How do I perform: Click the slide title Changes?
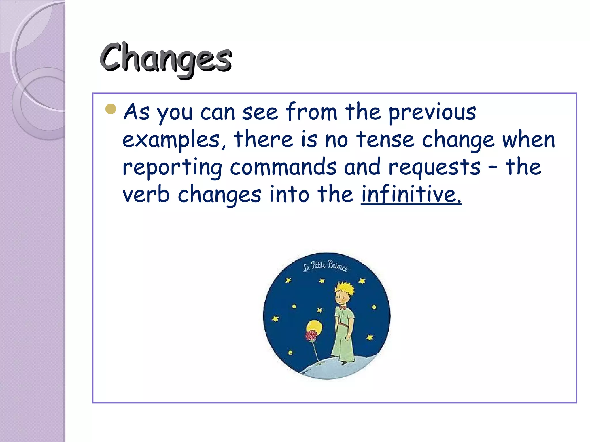166,58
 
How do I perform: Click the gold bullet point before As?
111,109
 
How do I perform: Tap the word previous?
432,112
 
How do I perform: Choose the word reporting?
172,167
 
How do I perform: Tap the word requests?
434,167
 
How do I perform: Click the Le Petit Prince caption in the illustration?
325,266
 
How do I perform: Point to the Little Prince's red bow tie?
342,308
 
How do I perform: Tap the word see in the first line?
260,112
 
